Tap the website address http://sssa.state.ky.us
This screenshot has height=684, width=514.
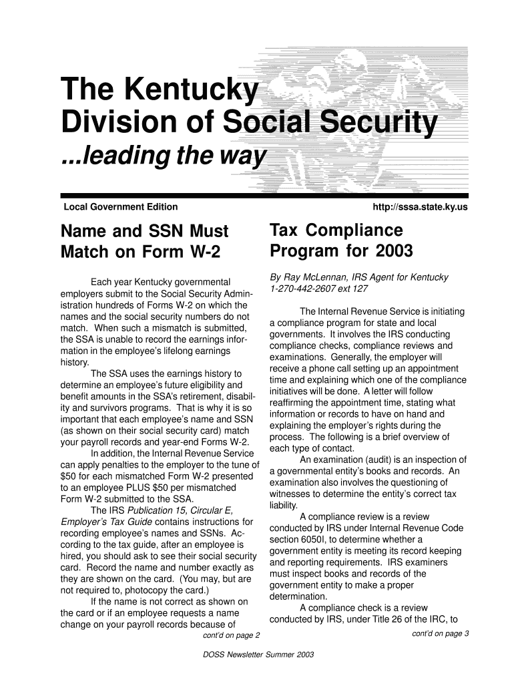click(421, 208)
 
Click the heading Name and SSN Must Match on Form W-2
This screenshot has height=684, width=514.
click(145, 242)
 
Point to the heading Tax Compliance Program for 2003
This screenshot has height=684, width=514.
click(341, 241)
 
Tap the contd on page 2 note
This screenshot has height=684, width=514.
click(230, 635)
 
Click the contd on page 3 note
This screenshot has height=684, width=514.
click(441, 634)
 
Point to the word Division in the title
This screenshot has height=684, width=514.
click(117, 125)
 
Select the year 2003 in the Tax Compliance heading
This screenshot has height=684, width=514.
click(393, 252)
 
